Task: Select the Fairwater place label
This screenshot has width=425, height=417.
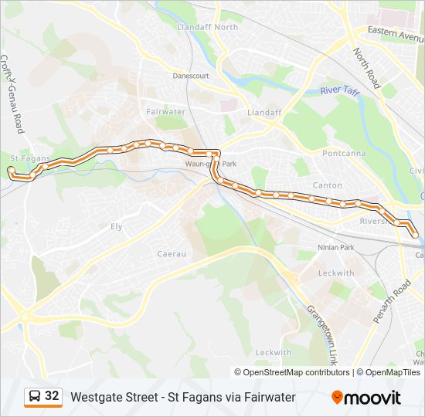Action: click(x=165, y=111)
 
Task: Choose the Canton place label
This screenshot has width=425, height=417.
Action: click(x=327, y=185)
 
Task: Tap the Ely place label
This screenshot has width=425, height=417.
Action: click(x=117, y=226)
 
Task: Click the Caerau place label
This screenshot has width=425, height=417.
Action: click(x=172, y=253)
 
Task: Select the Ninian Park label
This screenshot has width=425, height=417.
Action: click(x=335, y=248)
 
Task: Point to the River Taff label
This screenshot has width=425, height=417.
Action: click(x=340, y=91)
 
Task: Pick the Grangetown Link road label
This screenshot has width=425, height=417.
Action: click(x=323, y=325)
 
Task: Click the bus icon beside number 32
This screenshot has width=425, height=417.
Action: click(x=35, y=396)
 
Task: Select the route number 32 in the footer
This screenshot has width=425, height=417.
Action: click(x=52, y=396)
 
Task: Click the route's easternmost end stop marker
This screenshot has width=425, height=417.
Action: click(x=415, y=234)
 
